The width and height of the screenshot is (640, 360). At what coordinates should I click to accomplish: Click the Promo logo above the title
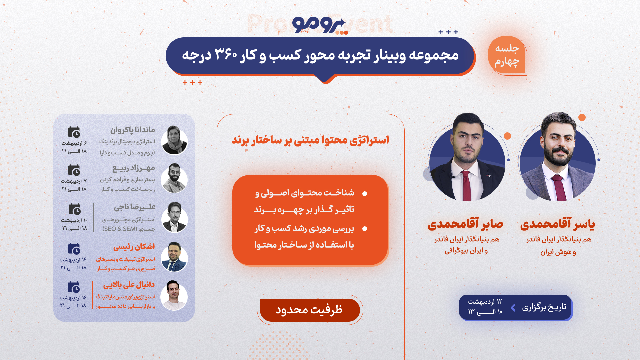click(320, 25)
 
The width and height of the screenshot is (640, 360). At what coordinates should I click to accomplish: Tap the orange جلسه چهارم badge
click(507, 55)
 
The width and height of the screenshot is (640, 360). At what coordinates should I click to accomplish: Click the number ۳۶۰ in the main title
click(225, 55)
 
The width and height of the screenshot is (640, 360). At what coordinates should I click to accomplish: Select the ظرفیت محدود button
click(310, 310)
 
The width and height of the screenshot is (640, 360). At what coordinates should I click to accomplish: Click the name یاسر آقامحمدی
click(557, 224)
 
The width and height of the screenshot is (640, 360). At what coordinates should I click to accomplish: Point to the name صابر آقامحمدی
click(466, 224)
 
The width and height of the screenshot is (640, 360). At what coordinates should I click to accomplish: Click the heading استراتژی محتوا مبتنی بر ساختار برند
click(310, 140)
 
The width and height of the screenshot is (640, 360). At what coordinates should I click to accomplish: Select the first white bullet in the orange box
click(365, 194)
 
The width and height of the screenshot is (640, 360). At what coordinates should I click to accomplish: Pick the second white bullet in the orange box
click(365, 229)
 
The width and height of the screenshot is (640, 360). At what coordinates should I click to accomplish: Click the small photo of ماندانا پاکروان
click(174, 140)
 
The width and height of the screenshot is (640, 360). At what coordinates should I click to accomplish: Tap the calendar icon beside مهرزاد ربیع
click(74, 170)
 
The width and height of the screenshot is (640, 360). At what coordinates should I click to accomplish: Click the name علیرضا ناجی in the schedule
click(135, 207)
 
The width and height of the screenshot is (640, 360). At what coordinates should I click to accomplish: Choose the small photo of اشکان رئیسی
click(174, 257)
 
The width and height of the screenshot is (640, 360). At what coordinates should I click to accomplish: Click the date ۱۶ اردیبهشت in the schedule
click(73, 298)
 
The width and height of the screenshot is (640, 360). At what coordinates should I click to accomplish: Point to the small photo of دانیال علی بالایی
click(174, 296)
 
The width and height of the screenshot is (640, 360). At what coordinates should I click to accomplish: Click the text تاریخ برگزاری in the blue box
click(544, 307)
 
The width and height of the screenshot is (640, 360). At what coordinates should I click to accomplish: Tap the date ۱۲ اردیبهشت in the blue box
click(485, 302)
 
